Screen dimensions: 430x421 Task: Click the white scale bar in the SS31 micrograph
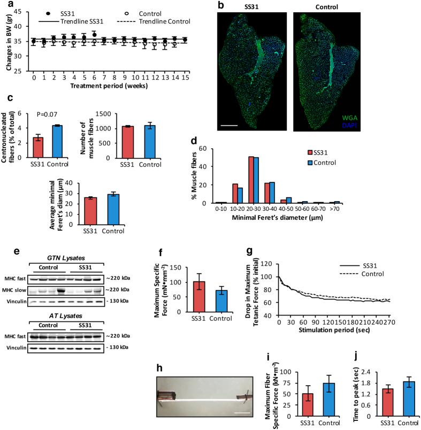point(229,127)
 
